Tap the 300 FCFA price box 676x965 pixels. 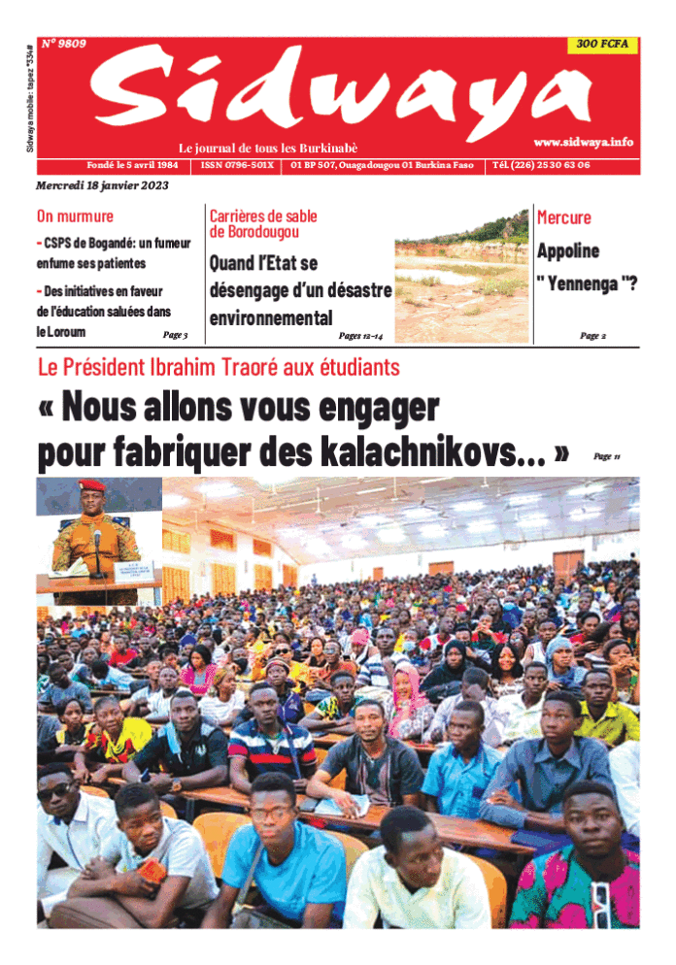[602, 45]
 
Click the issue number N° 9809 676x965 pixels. [64, 44]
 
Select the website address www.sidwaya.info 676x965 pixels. [583, 142]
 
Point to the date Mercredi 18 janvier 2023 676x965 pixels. [102, 185]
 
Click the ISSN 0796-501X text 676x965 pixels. [238, 165]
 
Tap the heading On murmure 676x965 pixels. [75, 216]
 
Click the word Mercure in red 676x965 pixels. [564, 216]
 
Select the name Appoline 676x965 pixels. [568, 250]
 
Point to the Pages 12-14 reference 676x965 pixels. [360, 336]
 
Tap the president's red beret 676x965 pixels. [92, 485]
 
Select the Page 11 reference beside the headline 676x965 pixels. [606, 456]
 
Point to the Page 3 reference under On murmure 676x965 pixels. [175, 335]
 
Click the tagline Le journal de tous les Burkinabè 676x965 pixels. [268, 148]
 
